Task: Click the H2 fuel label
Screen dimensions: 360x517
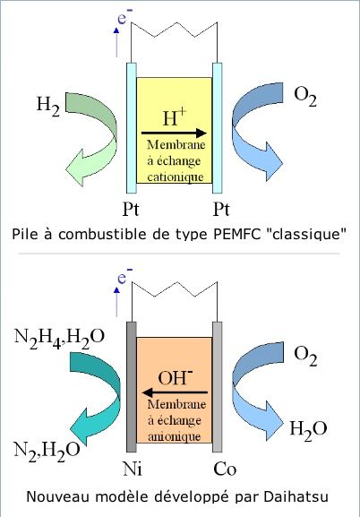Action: pos(48,106)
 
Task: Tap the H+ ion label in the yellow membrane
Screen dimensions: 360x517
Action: pos(175,117)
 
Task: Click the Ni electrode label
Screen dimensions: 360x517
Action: pos(133,469)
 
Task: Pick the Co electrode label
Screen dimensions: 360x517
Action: pos(225,469)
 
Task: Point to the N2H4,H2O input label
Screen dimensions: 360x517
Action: pos(59,337)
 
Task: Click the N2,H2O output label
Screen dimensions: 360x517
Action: pos(47,450)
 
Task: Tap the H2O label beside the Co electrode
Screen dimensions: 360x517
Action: pos(308,429)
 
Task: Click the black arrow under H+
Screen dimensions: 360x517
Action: pos(174,134)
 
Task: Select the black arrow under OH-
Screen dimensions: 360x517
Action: pos(175,392)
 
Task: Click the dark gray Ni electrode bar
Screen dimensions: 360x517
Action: pos(132,387)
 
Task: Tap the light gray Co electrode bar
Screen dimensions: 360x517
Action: pos(218,387)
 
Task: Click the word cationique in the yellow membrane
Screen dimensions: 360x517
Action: pos(175,177)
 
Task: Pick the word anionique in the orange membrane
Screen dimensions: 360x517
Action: pos(175,436)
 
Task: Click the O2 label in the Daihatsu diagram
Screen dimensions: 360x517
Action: pos(305,356)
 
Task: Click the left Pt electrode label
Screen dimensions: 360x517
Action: pos(131,209)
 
